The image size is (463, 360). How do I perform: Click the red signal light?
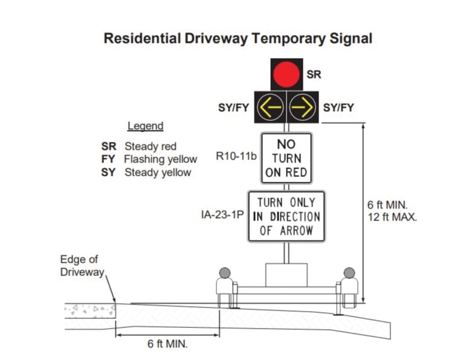(286, 74)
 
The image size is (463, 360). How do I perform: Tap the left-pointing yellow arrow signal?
(270, 107)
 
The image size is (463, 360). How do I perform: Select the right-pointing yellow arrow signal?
(302, 107)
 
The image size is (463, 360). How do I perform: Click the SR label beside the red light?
(314, 74)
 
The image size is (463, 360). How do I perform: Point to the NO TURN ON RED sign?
(287, 158)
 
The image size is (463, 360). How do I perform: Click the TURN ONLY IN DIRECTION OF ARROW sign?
(287, 216)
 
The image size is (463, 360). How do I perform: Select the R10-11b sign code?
(236, 156)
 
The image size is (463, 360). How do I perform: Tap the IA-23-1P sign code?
(222, 214)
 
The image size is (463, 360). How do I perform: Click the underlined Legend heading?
(145, 126)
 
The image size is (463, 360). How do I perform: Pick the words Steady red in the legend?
(151, 146)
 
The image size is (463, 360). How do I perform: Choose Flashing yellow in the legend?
(160, 159)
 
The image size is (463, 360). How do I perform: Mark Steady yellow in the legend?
(158, 172)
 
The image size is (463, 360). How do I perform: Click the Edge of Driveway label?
(82, 266)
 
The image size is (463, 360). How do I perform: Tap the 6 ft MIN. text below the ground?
(167, 344)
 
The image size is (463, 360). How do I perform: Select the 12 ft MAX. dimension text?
(392, 217)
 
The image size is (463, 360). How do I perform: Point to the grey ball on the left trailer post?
(225, 273)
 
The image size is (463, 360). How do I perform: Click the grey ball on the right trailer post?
(349, 273)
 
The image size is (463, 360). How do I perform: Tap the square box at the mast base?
(287, 275)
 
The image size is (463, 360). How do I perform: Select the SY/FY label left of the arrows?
(233, 108)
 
